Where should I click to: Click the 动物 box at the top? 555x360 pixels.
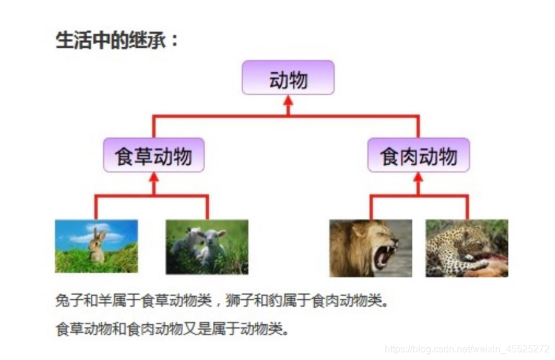click(288, 78)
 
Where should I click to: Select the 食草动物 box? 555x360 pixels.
click(153, 155)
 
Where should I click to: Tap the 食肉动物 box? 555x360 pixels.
click(419, 155)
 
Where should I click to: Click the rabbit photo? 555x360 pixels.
click(96, 246)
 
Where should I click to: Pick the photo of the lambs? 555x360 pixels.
click(207, 246)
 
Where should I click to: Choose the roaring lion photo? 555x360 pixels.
click(371, 248)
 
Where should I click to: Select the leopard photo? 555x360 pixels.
click(466, 248)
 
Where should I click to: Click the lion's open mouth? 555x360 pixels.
click(385, 255)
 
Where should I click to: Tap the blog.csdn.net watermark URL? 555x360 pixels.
click(467, 349)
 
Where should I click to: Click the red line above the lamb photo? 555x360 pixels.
click(207, 207)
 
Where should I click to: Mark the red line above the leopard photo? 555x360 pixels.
click(467, 207)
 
